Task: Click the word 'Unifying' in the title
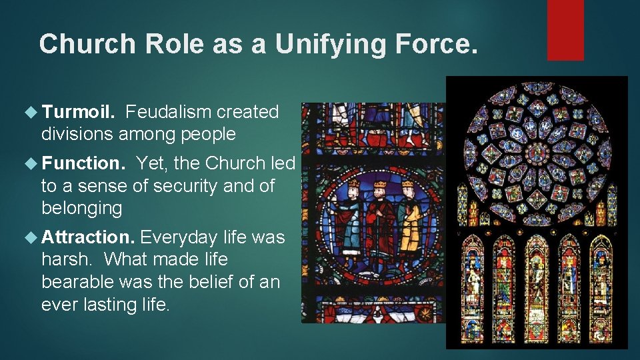pos(312,44)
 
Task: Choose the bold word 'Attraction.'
pos(89,237)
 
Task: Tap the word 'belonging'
pos(81,209)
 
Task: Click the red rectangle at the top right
pos(565,30)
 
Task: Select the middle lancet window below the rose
pos(537,287)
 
